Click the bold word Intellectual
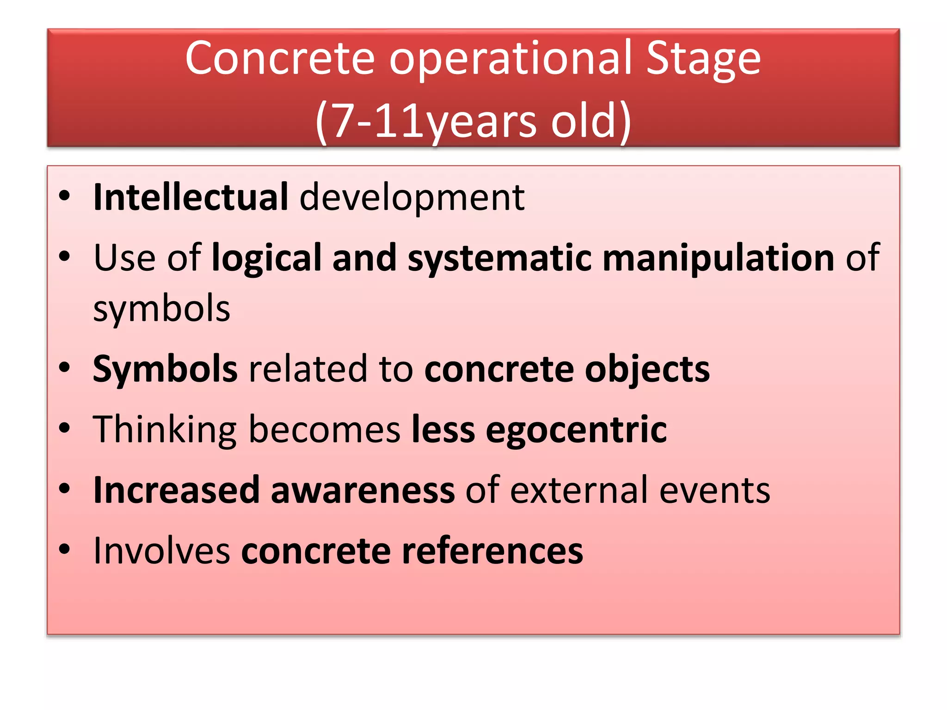pos(191,197)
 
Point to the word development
pos(412,197)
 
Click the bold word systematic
pos(499,258)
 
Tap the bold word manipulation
pos(719,258)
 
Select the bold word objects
pos(647,369)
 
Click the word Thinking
pos(165,430)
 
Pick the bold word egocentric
pos(576,430)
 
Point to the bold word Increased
pos(176,490)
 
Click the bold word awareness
pos(363,490)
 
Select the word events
pos(714,490)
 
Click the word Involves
pos(161,551)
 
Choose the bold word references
pos(492,551)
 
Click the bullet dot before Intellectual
pos(65,196)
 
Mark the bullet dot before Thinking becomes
pos(65,428)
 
